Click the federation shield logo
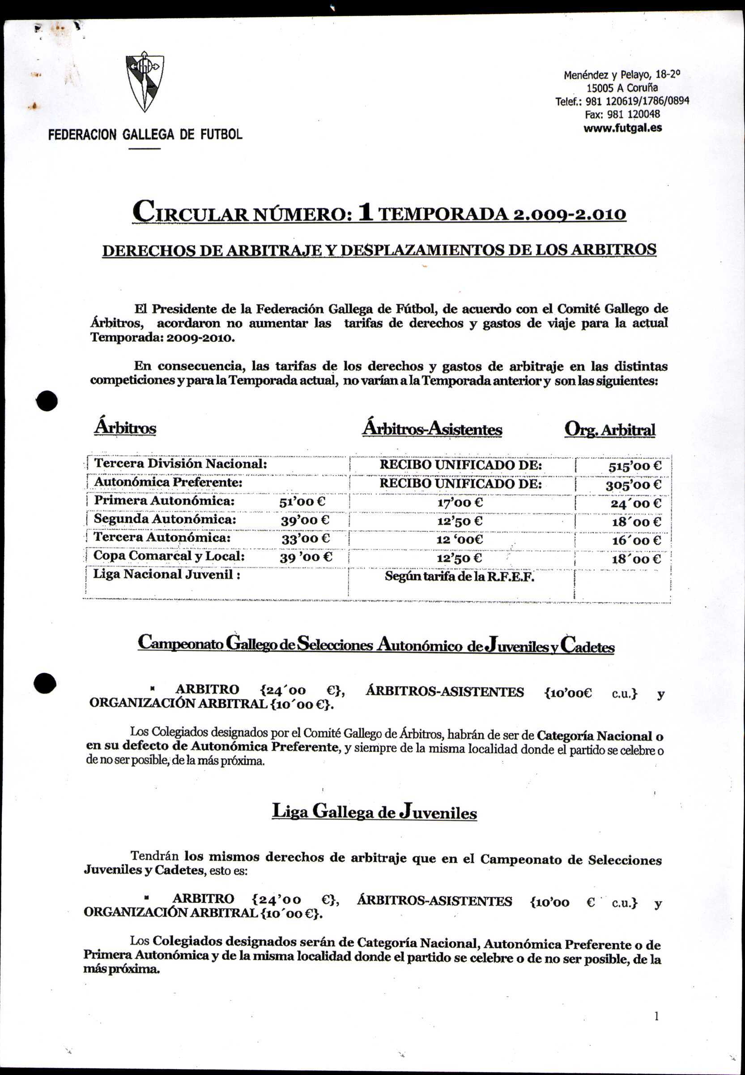[145, 82]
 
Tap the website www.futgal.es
[622, 128]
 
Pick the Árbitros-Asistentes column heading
[432, 429]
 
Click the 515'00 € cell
[635, 466]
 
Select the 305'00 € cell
[634, 485]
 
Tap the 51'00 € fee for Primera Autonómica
[302, 502]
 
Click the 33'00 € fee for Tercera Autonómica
[305, 539]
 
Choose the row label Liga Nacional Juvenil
[166, 574]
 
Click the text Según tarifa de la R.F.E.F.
[460, 576]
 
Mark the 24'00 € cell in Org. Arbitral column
[636, 503]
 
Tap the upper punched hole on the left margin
[47, 400]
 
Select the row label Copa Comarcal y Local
[169, 556]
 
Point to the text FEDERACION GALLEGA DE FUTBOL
[145, 134]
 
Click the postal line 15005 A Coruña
[622, 88]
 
